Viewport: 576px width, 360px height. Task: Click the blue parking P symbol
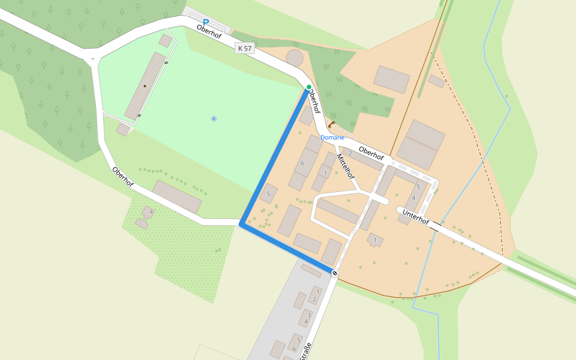206,23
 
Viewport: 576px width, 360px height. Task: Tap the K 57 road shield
245,48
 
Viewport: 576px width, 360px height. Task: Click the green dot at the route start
309,88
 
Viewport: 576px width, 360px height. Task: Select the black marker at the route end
335,274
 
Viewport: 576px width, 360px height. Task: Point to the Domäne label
332,137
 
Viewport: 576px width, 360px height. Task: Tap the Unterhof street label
416,217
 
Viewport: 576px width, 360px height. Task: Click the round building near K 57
295,58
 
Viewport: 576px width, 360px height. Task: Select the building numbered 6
306,163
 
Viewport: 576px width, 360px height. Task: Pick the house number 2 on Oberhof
350,154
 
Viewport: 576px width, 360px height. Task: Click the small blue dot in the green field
214,119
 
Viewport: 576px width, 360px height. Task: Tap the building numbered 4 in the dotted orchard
148,212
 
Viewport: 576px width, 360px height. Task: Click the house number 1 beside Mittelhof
325,173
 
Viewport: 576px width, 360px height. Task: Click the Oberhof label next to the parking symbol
209,31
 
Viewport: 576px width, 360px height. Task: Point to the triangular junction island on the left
91,59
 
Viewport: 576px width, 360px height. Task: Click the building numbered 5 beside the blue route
269,193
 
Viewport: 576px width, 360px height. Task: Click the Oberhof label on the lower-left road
122,176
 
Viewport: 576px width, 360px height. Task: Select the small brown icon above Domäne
331,125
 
